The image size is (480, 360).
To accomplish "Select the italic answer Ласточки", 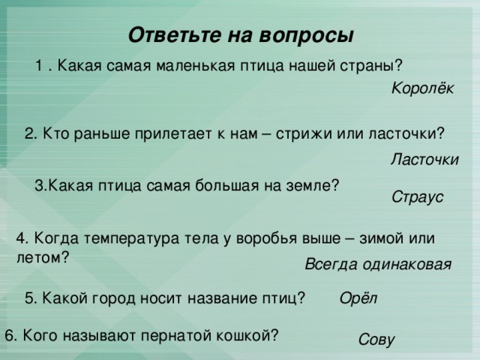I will (x=424, y=159).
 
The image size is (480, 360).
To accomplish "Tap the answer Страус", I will (x=417, y=197).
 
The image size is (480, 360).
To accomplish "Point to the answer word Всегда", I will (x=331, y=264).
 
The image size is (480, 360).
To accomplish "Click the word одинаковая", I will (x=406, y=264).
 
